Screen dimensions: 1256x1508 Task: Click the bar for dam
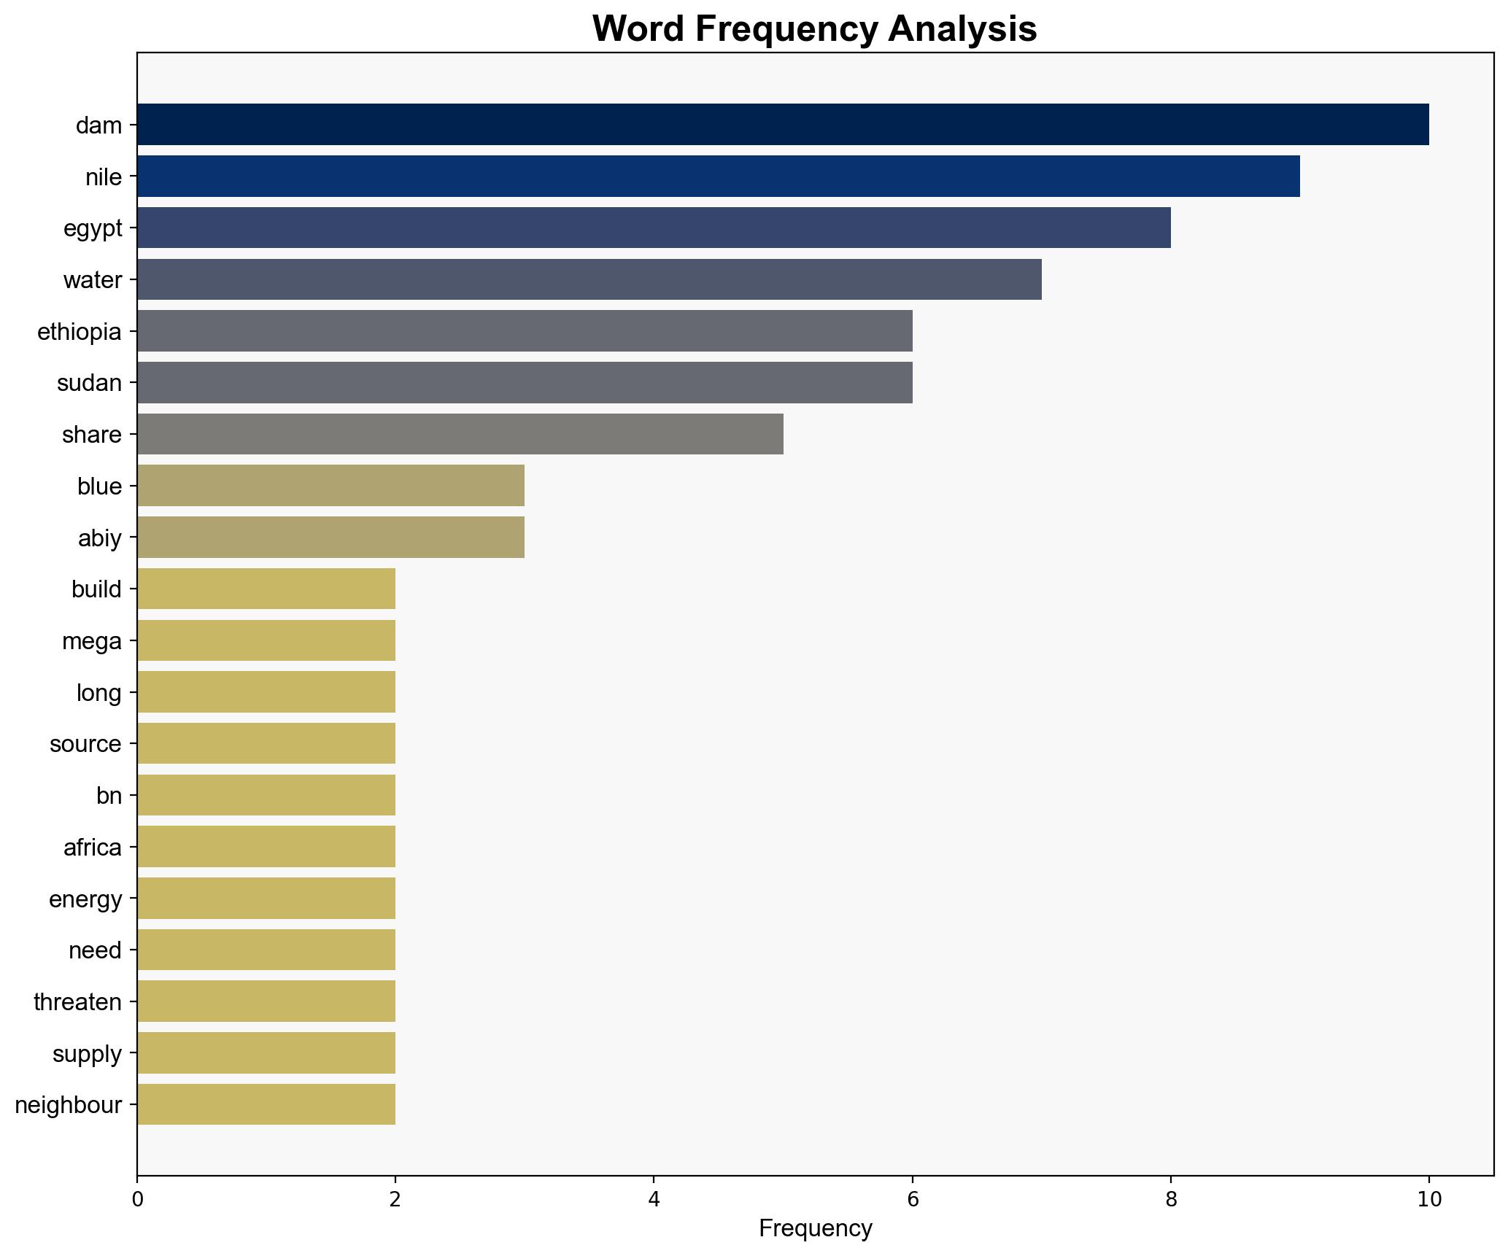coord(782,125)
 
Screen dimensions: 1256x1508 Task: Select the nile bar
coord(718,177)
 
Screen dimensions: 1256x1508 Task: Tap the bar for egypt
coord(653,228)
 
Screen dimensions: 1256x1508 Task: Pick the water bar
coord(589,279)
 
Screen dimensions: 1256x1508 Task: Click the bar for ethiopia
coord(524,331)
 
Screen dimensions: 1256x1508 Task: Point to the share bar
coord(460,435)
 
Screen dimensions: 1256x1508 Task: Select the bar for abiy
coord(330,538)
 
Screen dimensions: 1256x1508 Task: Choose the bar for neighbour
coord(266,1105)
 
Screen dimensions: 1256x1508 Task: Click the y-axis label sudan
coord(89,383)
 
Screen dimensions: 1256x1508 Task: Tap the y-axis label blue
coord(99,486)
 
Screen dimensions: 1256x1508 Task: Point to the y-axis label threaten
coord(77,1002)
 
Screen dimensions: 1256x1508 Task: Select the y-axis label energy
coord(85,899)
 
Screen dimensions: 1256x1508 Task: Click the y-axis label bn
coord(109,796)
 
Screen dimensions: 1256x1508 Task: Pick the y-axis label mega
coord(92,641)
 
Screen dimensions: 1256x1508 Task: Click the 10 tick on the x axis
coord(1428,1199)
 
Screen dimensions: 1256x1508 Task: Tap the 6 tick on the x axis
coord(912,1199)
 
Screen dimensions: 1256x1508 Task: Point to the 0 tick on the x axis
coord(137,1199)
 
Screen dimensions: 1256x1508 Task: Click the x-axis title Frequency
coord(815,1229)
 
